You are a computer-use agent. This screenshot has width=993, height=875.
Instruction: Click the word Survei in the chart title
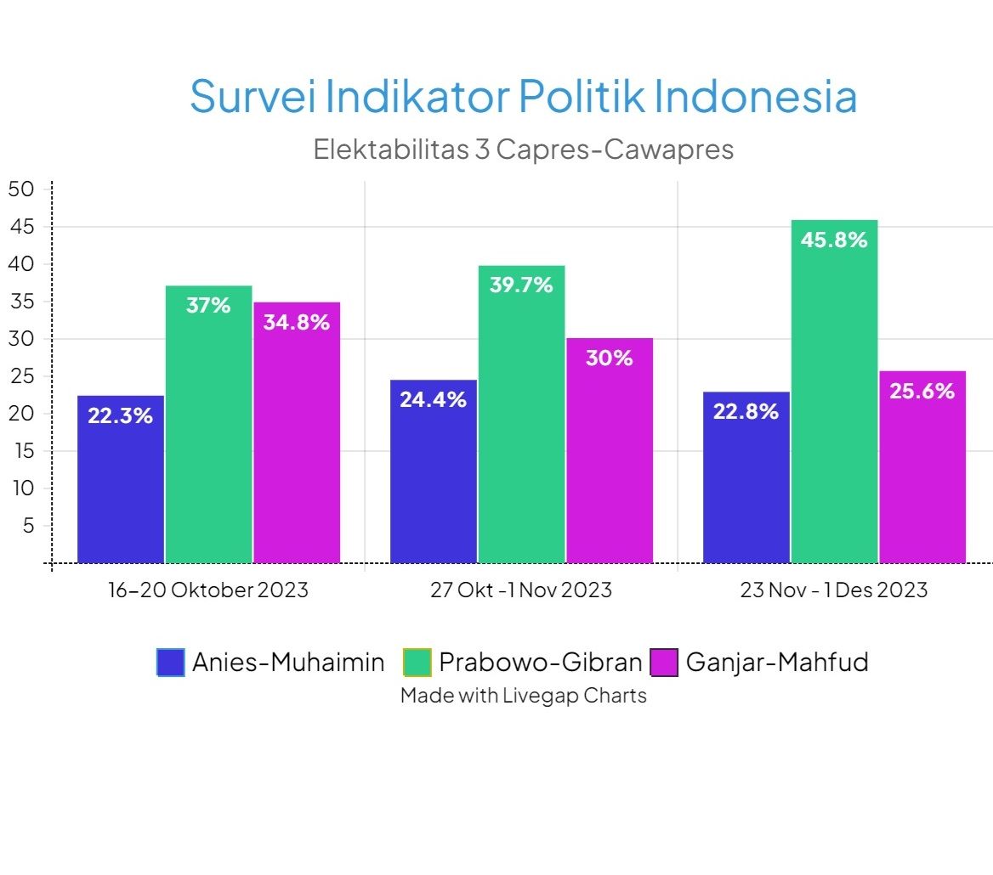pyautogui.click(x=252, y=96)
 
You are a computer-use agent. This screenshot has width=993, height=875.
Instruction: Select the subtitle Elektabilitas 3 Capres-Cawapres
pyautogui.click(x=523, y=150)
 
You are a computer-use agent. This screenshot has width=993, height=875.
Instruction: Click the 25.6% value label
pyautogui.click(x=922, y=391)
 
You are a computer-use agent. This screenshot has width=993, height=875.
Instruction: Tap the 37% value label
pyautogui.click(x=208, y=305)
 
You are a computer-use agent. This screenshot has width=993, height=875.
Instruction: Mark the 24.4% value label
pyautogui.click(x=433, y=399)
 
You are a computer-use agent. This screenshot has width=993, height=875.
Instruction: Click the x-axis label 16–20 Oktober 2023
pyautogui.click(x=208, y=590)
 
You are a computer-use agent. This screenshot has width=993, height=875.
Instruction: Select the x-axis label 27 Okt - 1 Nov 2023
pyautogui.click(x=521, y=590)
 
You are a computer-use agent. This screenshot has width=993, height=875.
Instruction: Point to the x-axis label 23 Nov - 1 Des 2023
pyautogui.click(x=834, y=590)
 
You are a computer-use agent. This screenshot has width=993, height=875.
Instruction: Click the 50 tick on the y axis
pyautogui.click(x=20, y=189)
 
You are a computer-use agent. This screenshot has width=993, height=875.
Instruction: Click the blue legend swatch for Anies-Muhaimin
pyautogui.click(x=170, y=663)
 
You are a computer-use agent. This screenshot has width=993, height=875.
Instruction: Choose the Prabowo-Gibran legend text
pyautogui.click(x=540, y=662)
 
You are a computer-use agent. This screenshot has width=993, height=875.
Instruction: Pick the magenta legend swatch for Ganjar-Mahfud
pyautogui.click(x=664, y=663)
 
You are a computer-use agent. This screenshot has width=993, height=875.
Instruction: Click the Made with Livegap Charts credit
pyautogui.click(x=523, y=696)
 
